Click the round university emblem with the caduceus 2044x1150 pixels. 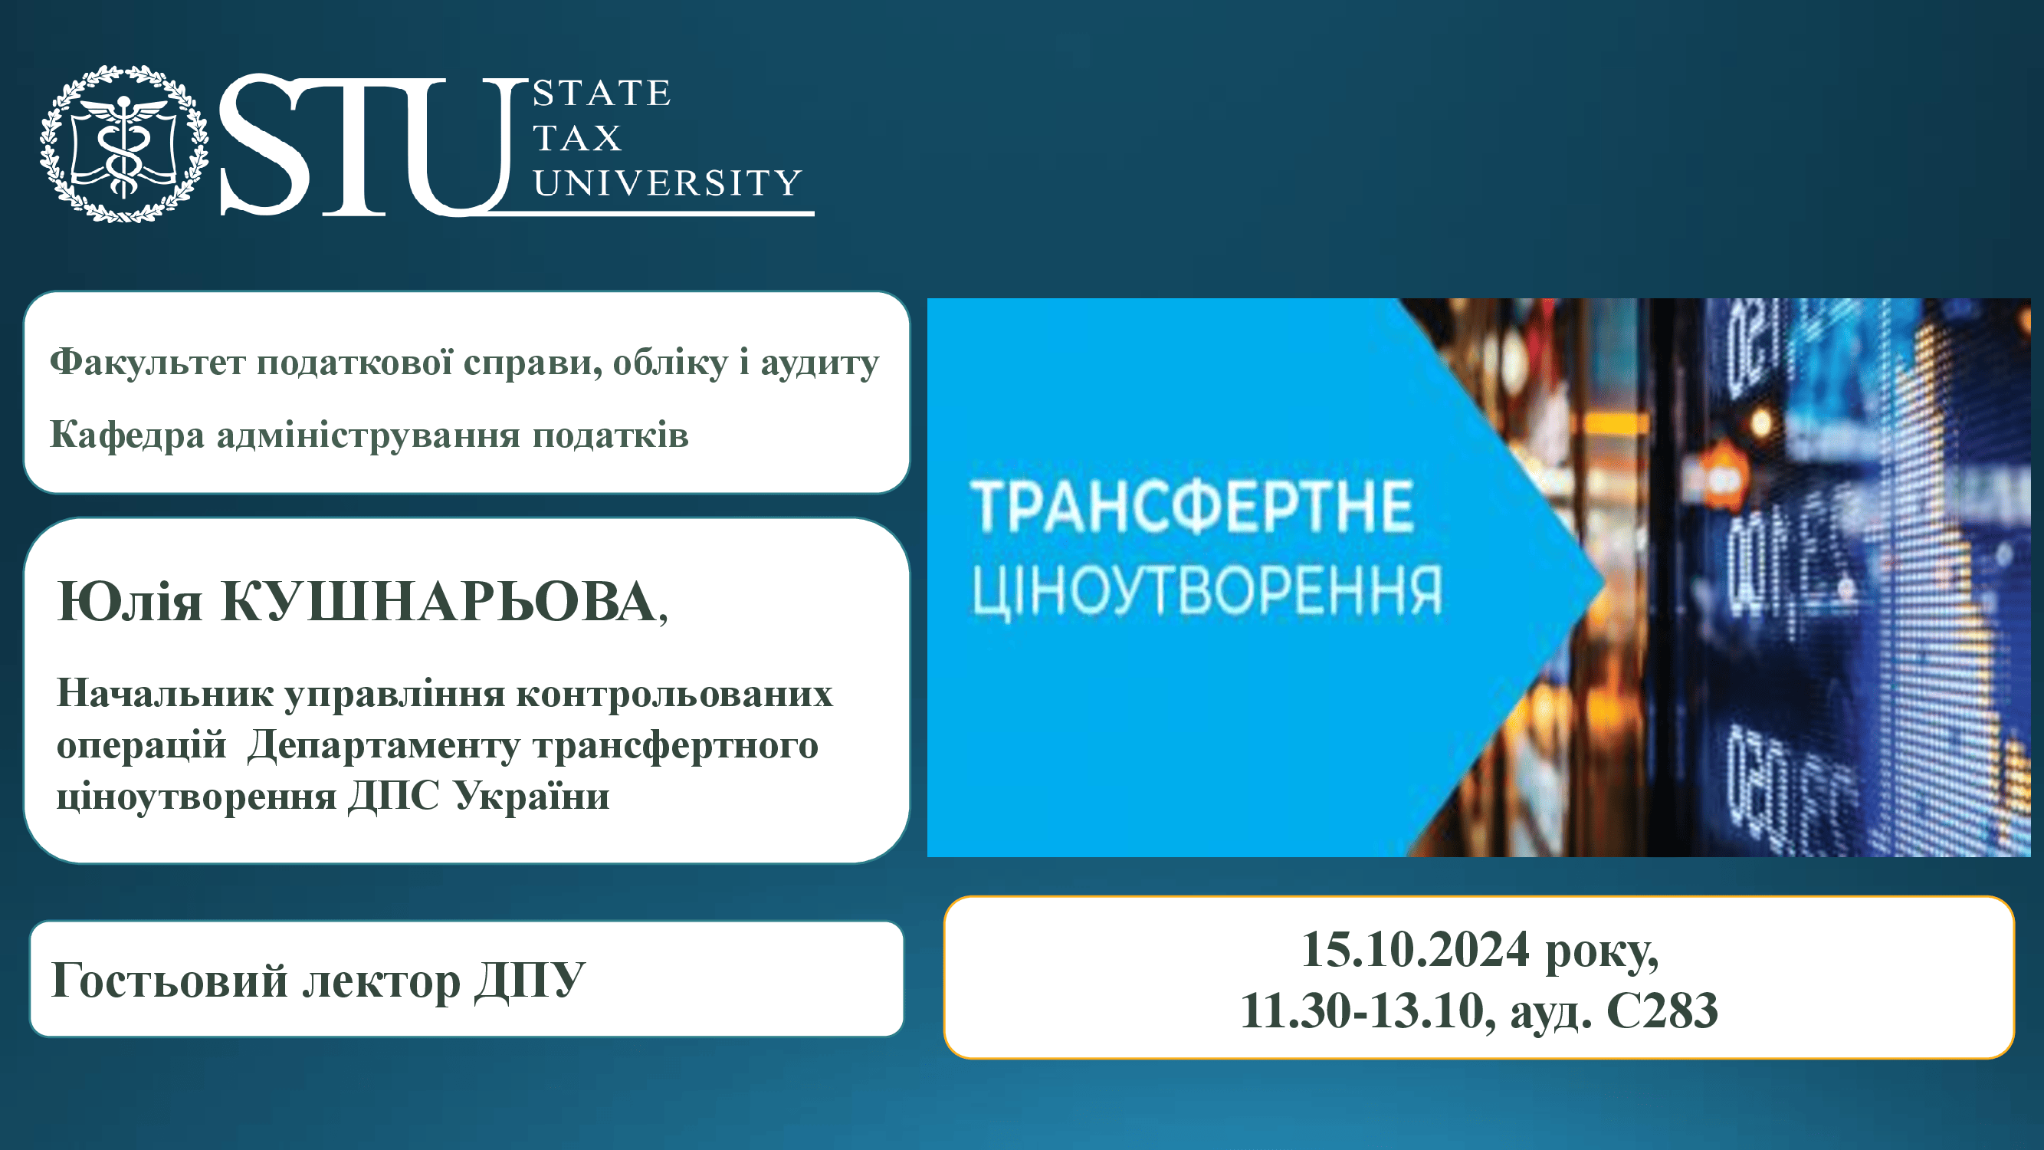125,143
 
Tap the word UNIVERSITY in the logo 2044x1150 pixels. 667,182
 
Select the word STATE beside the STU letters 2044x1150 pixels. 602,93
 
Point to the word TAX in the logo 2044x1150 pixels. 577,138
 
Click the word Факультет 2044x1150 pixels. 149,362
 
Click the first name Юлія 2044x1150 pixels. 130,602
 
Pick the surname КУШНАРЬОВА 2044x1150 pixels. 439,601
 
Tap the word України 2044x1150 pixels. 531,795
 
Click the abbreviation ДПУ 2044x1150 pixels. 530,982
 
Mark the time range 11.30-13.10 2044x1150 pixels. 1362,1011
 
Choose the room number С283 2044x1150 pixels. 1662,1011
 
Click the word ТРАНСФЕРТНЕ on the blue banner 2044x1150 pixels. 1191,505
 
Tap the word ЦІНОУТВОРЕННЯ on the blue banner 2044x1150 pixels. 1207,591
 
